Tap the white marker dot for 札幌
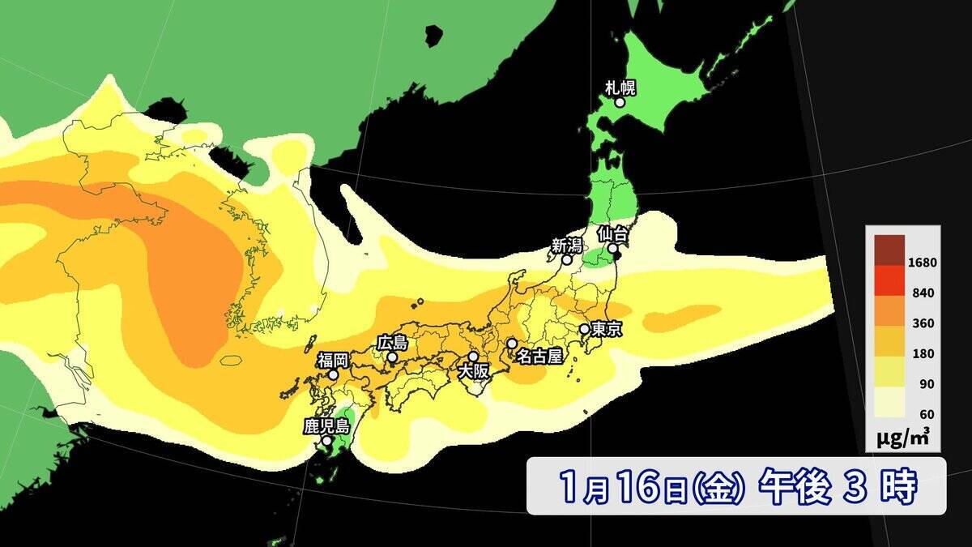click(x=620, y=102)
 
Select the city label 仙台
click(x=613, y=233)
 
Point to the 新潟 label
click(x=566, y=245)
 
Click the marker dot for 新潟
click(x=567, y=260)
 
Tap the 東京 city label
click(x=607, y=329)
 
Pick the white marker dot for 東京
click(x=584, y=329)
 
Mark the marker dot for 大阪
click(x=473, y=357)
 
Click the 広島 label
click(x=392, y=343)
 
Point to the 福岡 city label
click(x=332, y=360)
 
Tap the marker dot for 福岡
click(x=333, y=375)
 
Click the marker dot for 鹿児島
click(x=326, y=442)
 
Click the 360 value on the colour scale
click(x=923, y=323)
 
